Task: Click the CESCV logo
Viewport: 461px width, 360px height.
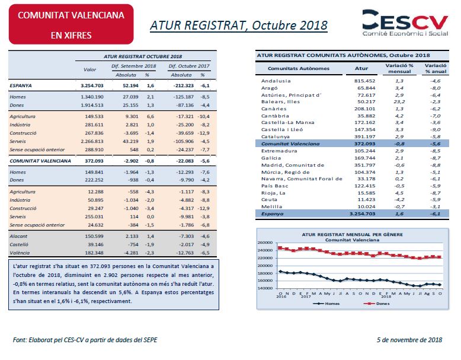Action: tap(405, 23)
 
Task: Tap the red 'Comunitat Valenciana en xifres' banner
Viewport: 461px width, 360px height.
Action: tap(71, 24)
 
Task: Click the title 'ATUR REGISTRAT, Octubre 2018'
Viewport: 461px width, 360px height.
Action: tap(239, 26)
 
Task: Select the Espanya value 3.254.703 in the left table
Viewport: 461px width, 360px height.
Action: tap(92, 85)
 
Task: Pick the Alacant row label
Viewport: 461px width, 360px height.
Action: tap(18, 236)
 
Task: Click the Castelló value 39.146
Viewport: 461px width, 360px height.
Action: tap(95, 244)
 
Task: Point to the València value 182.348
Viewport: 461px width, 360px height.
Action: tap(94, 253)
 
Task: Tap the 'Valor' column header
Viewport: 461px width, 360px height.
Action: tap(89, 69)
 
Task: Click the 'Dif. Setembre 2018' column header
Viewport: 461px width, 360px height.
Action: tap(134, 66)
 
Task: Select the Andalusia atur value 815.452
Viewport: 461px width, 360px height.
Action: tap(364, 81)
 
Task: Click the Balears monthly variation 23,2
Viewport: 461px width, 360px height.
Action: tap(400, 101)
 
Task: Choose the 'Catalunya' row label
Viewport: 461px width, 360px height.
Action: tap(275, 136)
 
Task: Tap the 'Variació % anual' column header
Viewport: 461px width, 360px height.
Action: tap(436, 68)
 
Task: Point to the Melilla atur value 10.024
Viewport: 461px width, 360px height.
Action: tap(366, 206)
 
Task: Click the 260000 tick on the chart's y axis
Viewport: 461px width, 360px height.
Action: tap(265, 243)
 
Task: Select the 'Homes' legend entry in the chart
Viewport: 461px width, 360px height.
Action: tap(326, 304)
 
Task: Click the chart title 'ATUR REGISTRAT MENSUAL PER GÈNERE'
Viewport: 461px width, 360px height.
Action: tap(352, 235)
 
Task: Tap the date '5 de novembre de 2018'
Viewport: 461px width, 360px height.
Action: tap(409, 340)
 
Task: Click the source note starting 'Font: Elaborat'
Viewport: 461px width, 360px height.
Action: tap(85, 340)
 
